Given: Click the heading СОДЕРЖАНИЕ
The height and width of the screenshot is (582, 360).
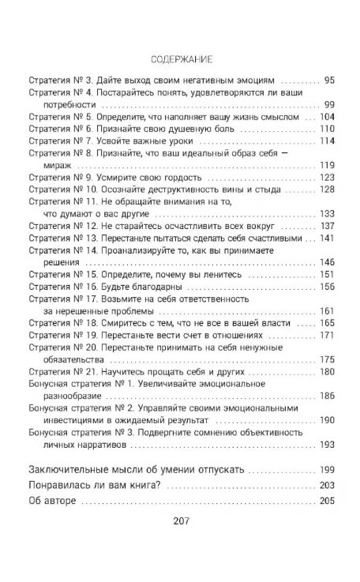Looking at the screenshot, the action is (180, 60).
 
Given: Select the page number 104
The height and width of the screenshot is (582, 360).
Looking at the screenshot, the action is (326, 116).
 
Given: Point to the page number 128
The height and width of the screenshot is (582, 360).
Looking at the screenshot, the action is (326, 190).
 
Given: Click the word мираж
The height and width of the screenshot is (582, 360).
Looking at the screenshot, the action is (57, 165).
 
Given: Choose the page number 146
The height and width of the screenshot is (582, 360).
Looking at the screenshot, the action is (326, 261).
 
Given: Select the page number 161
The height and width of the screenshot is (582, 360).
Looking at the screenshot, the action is (326, 310).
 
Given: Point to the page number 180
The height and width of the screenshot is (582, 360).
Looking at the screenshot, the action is (326, 371).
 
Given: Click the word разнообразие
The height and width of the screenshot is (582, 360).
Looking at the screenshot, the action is (77, 396).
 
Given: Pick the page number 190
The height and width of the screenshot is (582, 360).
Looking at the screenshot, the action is (326, 420).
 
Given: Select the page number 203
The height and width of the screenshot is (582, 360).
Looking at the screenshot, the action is (326, 484).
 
